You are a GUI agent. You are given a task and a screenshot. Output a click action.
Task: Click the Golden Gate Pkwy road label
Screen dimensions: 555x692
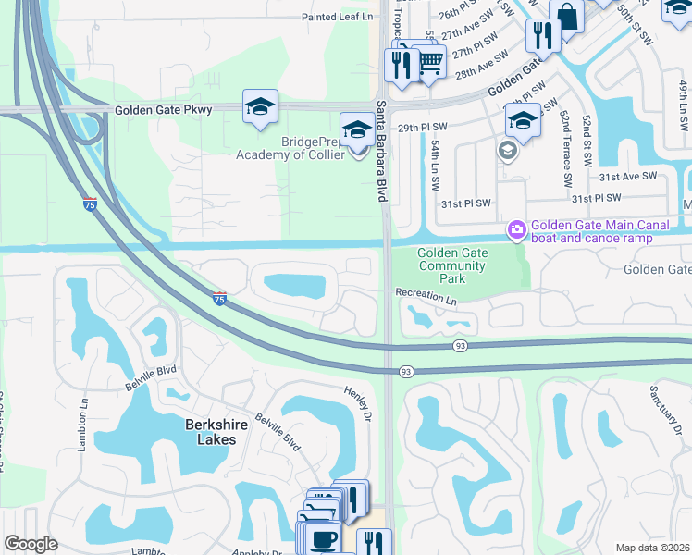pos(163,110)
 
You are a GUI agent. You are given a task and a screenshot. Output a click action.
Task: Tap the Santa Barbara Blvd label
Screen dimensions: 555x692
pos(380,152)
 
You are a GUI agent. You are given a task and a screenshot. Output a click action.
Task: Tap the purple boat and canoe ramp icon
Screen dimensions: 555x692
pos(514,228)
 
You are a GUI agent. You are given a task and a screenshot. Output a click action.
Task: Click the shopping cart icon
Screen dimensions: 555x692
pos(429,63)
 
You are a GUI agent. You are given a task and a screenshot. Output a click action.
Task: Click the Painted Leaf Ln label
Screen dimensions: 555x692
pos(337,18)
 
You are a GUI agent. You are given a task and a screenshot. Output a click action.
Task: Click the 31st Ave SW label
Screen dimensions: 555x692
pos(627,176)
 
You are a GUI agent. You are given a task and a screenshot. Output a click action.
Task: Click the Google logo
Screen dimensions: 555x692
pos(31,544)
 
